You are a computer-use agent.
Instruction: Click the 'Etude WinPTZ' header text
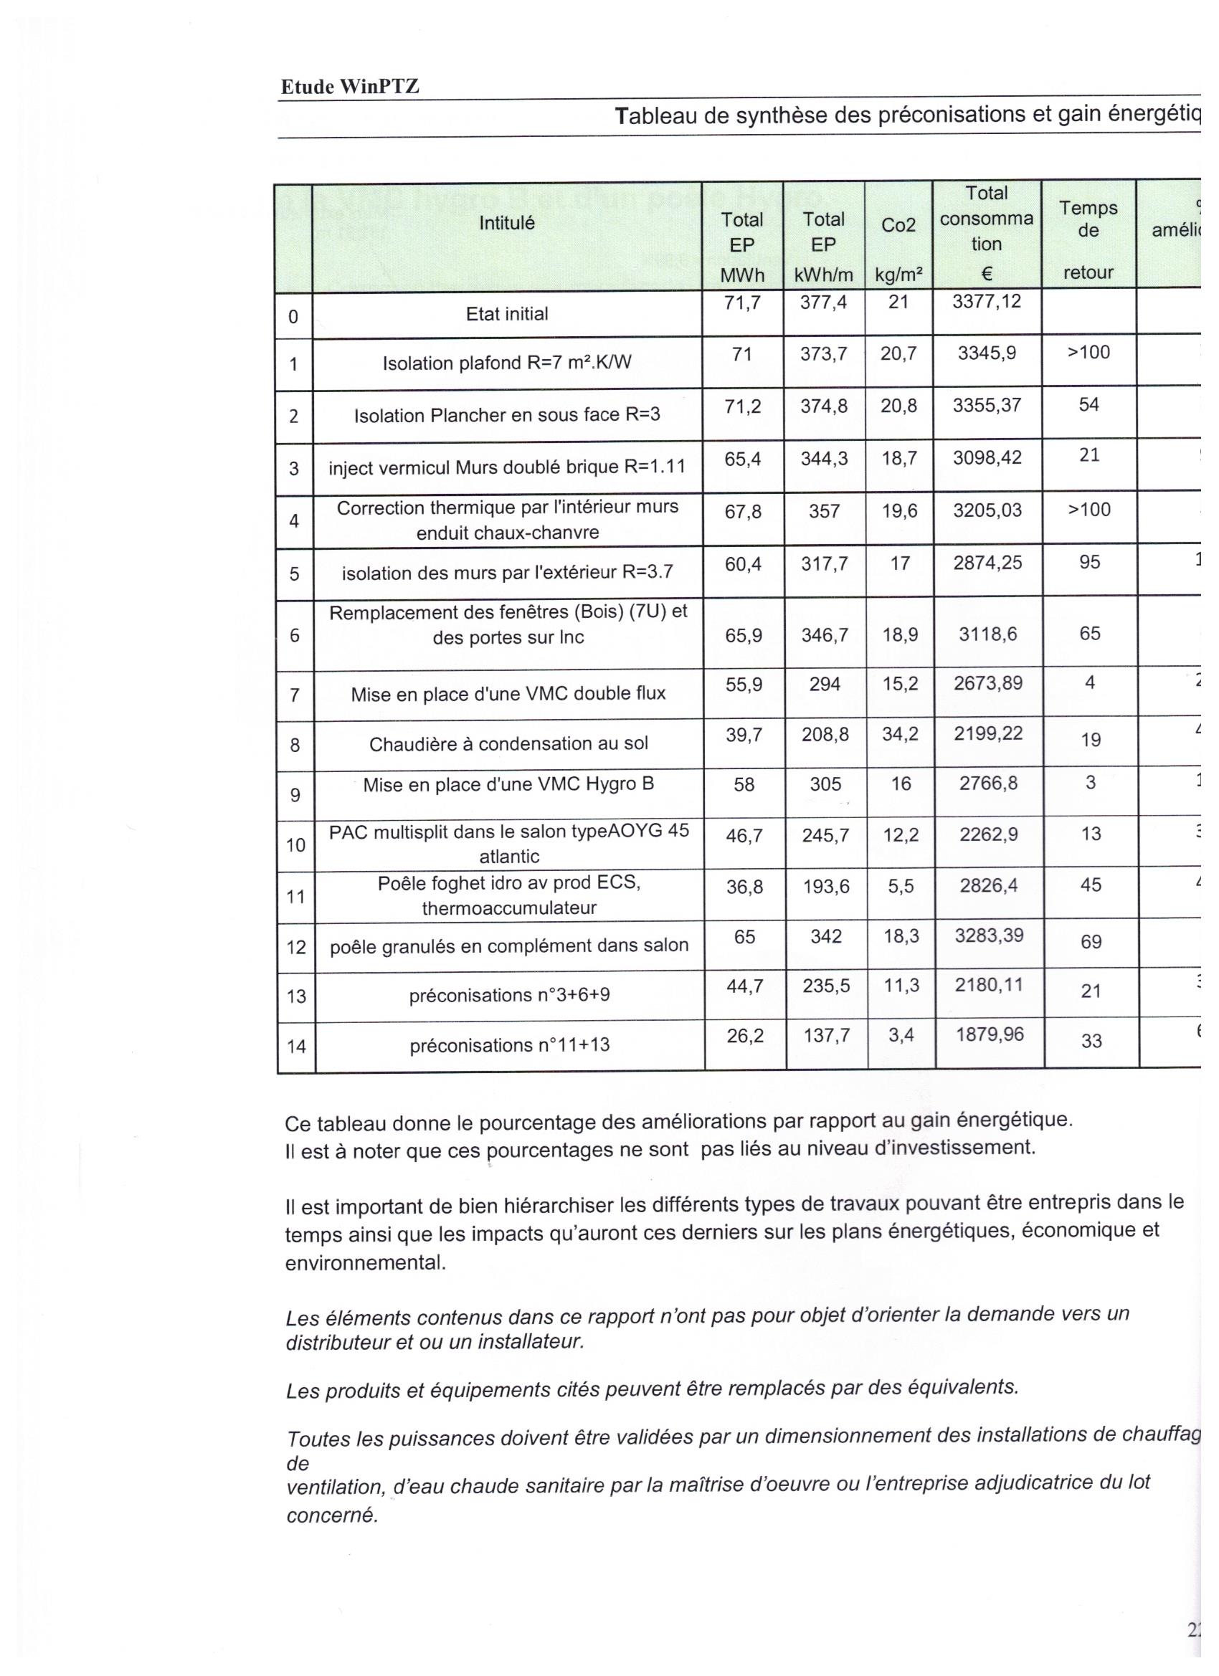(350, 87)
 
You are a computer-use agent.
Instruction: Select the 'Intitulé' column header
(506, 222)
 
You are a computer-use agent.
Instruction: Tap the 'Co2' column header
(898, 225)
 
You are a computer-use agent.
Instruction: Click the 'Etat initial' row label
(506, 314)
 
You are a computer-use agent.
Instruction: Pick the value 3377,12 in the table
(986, 302)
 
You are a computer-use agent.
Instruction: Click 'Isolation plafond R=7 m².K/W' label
(506, 363)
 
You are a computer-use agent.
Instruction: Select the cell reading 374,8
(823, 406)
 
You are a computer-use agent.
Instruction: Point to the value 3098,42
(987, 457)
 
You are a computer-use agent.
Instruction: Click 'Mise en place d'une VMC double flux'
(508, 694)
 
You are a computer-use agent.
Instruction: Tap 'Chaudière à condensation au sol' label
(508, 743)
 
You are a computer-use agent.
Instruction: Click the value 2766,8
(988, 784)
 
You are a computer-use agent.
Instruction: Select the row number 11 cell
(295, 897)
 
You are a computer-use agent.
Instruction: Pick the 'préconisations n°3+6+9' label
(509, 996)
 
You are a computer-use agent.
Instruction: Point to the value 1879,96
(989, 1034)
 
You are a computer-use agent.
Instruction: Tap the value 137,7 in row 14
(827, 1035)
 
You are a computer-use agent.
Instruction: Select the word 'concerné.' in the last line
(332, 1515)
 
